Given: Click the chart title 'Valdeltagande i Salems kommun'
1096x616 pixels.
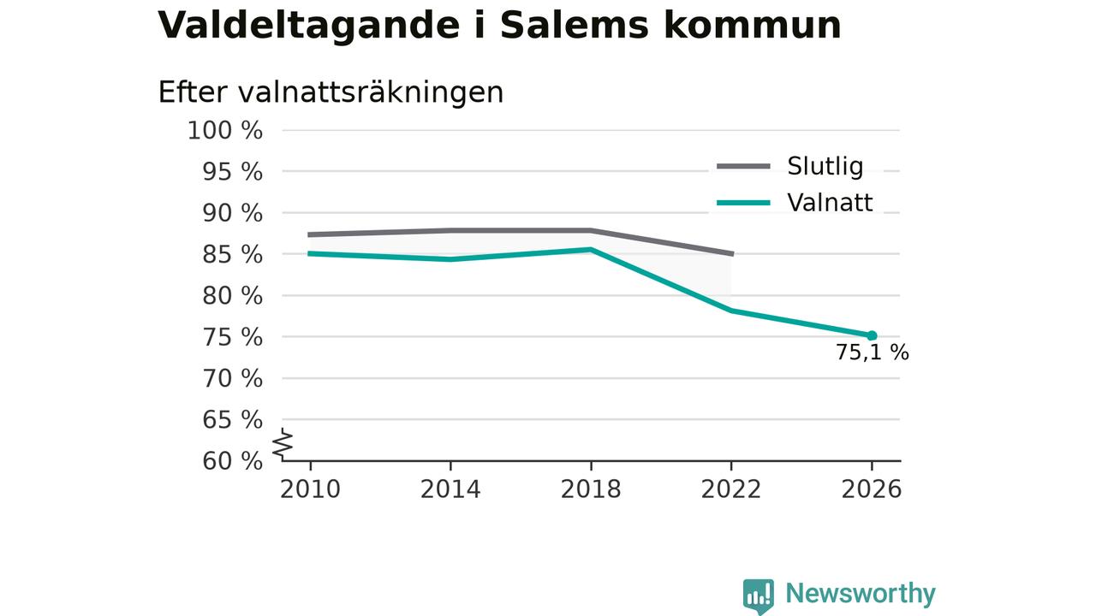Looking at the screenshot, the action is [x=499, y=26].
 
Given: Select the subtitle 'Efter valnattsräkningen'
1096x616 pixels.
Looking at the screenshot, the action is [x=331, y=92].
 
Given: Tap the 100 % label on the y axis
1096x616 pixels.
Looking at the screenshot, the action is [x=225, y=131].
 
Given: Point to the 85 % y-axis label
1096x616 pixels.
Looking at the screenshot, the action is [x=232, y=254].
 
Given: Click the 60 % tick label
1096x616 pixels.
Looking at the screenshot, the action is [x=232, y=461].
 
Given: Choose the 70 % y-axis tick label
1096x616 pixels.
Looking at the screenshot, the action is [x=232, y=378].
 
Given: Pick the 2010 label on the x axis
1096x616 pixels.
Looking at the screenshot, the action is [x=310, y=489].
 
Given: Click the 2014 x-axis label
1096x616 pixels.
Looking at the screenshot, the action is [x=450, y=489].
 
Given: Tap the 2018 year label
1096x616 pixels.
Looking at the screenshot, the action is [x=591, y=489].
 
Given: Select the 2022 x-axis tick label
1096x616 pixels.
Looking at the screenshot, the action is [x=731, y=489].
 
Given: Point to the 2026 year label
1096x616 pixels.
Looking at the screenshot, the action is [x=872, y=489].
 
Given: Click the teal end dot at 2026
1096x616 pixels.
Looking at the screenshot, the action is [x=872, y=336].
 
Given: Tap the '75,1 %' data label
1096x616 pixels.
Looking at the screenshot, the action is [x=873, y=352].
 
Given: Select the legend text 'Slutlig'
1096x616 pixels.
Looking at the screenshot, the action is [x=825, y=166].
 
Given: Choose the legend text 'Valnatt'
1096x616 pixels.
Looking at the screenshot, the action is [x=830, y=203].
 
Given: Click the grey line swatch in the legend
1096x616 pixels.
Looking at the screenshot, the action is [x=744, y=167].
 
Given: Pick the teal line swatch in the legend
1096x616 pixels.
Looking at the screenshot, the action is [x=744, y=203].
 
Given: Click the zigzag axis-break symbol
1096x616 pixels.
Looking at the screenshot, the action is [x=283, y=444].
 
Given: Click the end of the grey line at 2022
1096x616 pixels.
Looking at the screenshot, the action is [x=732, y=254].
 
